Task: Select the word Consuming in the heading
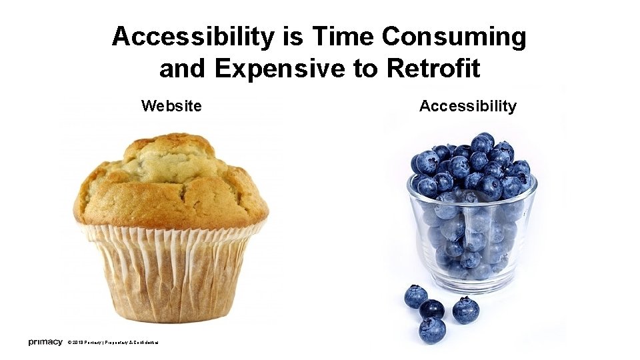pos(454,37)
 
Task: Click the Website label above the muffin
pos(171,105)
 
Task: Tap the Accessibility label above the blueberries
pos(467,105)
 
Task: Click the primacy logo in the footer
pos(45,342)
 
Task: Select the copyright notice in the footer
pos(113,343)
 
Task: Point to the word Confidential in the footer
pos(144,343)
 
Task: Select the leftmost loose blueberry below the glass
pos(416,296)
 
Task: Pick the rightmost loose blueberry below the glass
pos(465,310)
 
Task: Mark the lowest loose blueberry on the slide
pos(432,330)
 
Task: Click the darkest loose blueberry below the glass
pos(432,309)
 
